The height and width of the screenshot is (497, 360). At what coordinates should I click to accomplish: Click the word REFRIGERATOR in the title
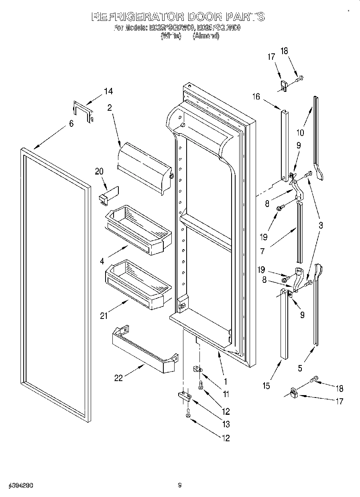[x=137, y=17]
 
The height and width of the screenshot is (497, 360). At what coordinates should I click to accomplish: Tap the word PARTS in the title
[x=246, y=17]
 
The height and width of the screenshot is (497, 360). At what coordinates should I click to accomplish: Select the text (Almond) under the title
[x=206, y=36]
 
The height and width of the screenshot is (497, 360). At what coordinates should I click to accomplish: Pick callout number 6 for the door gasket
[x=71, y=124]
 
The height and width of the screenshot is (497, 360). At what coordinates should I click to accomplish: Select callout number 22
[x=118, y=377]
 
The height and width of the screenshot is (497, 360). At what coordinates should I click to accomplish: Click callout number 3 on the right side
[x=321, y=225]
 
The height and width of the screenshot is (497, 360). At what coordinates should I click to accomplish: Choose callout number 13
[x=226, y=424]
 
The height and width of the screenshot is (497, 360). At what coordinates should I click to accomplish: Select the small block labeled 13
[x=184, y=396]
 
